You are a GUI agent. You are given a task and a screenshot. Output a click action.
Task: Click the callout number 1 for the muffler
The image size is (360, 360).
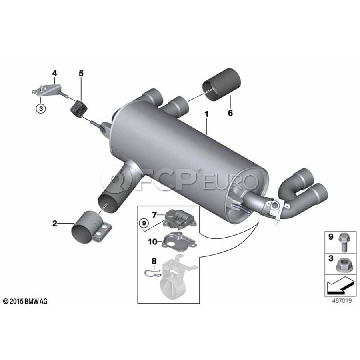207,114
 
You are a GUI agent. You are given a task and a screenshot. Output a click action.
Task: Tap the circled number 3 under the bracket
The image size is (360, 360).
41,108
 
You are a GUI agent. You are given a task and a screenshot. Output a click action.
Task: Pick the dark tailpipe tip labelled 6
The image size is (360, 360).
221,84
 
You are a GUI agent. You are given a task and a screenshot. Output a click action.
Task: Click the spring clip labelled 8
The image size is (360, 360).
153,273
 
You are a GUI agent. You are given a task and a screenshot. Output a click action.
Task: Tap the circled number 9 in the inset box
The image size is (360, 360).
144,223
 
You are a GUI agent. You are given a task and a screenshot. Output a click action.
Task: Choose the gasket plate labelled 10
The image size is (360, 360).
179,242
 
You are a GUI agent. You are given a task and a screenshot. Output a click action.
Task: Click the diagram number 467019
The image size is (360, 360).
342,300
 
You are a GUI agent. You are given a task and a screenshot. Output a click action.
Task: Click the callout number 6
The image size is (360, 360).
230,113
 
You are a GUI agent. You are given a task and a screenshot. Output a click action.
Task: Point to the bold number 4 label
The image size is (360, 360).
54,73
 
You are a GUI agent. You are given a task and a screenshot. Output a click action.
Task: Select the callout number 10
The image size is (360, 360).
153,242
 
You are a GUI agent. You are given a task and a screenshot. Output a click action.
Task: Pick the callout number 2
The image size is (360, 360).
55,223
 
